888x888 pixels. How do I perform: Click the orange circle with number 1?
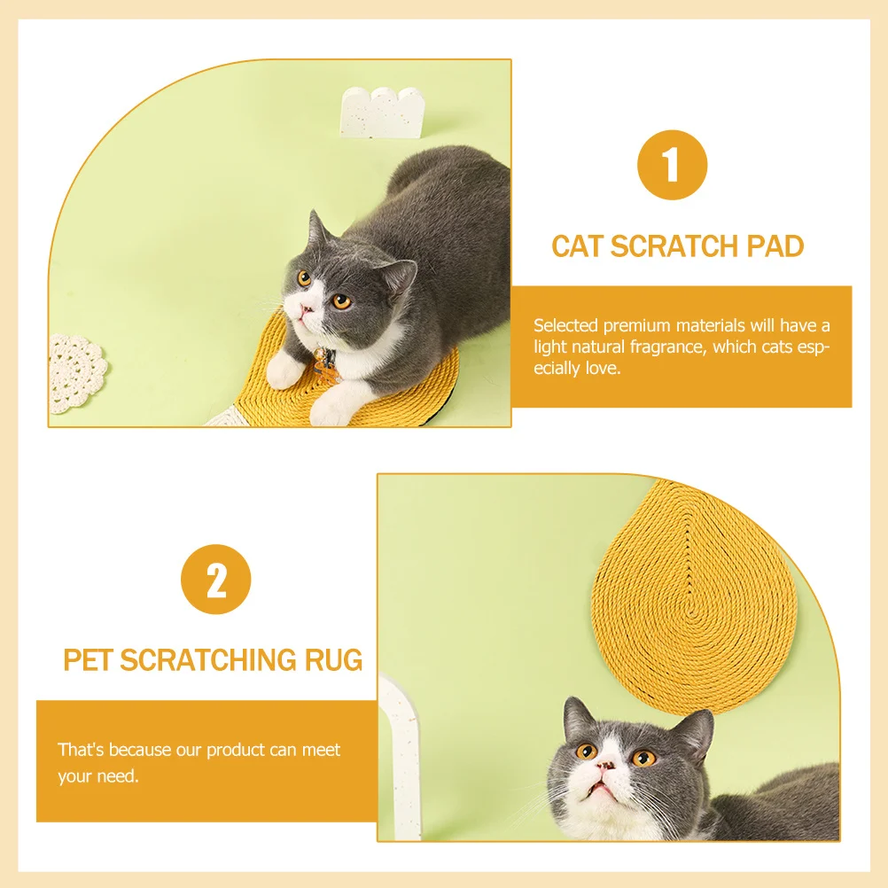[672, 165]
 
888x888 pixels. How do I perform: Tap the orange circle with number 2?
[216, 580]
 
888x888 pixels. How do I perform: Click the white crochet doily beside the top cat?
[76, 372]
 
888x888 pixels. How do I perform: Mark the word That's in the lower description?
[80, 750]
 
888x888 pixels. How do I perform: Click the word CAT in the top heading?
[578, 246]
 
